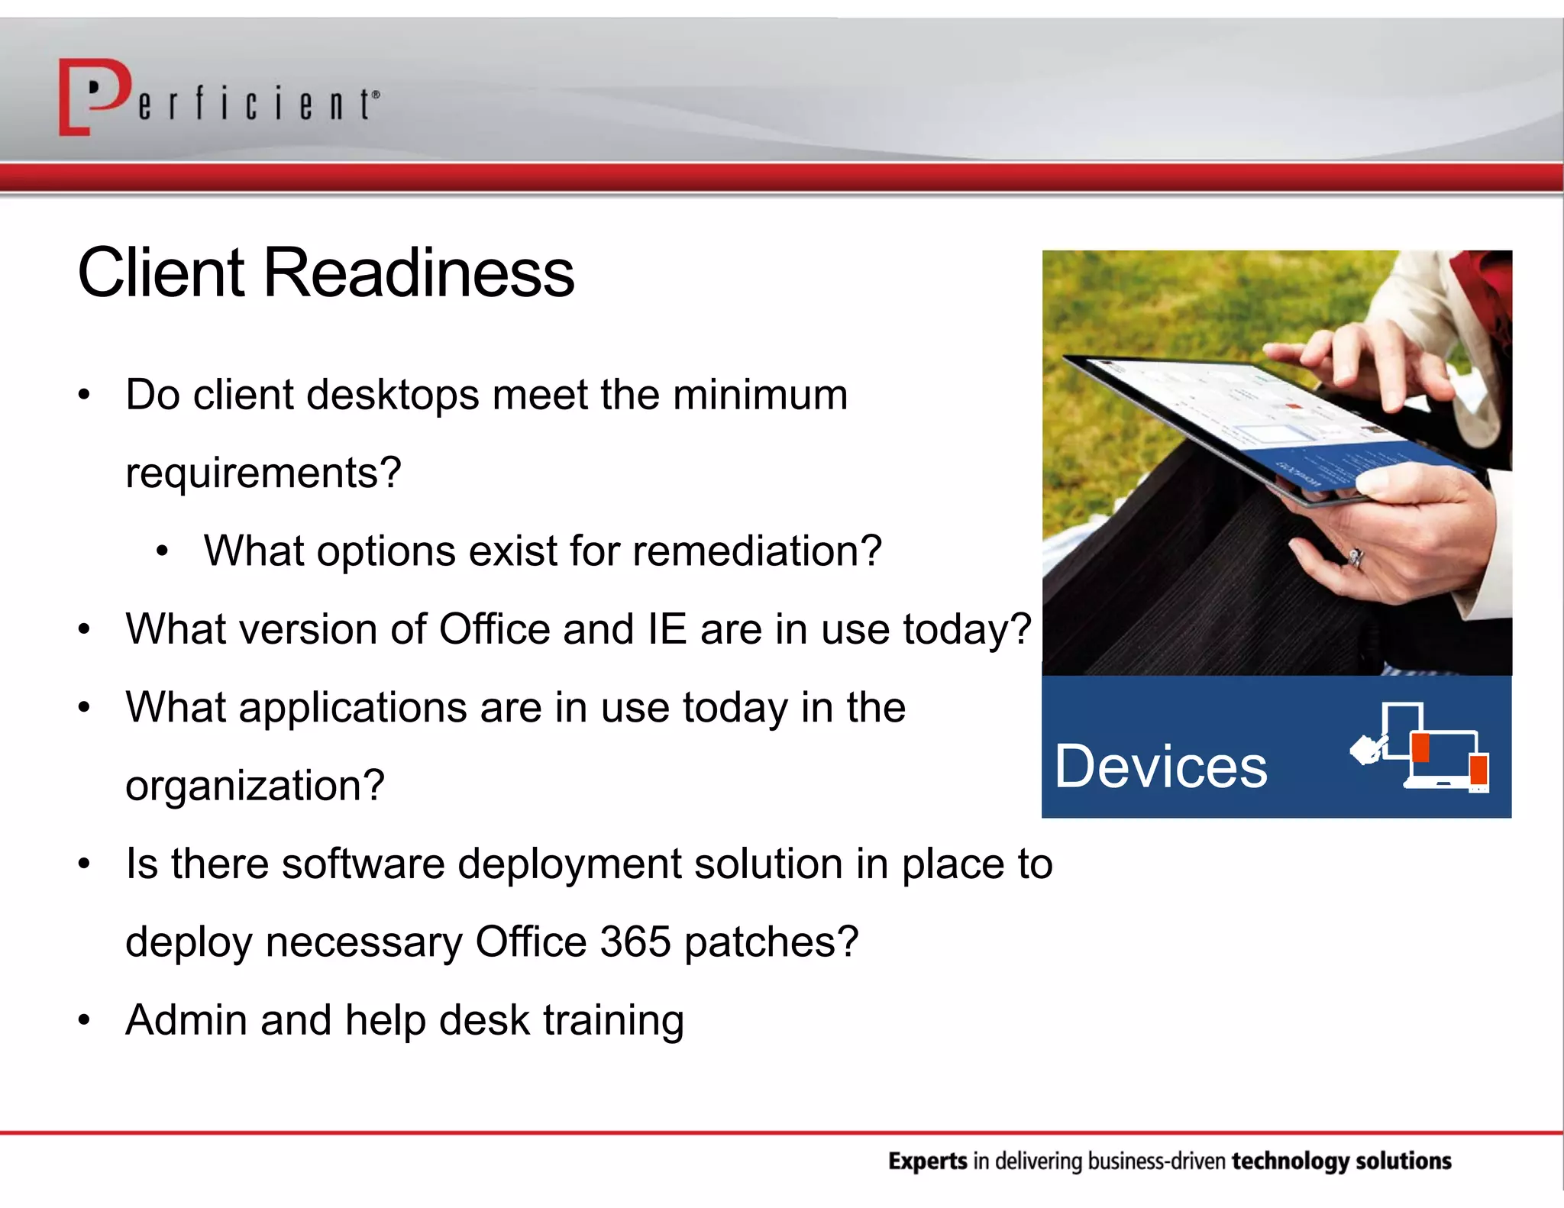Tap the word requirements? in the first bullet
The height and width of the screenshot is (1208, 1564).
coord(263,473)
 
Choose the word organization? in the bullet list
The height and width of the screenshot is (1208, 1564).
coord(254,786)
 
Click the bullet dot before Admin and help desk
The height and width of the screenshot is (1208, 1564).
coord(84,1021)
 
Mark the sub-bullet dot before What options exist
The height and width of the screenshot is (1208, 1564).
coord(162,551)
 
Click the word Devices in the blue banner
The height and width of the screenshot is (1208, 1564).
coord(1161,767)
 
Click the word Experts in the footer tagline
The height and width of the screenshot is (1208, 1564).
coord(928,1161)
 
